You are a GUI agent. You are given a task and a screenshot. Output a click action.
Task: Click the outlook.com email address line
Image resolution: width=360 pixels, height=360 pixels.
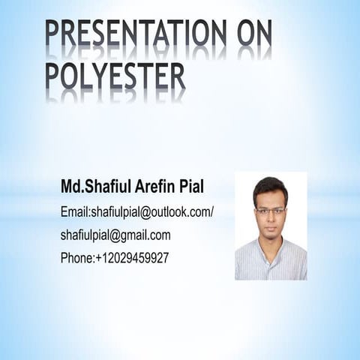click(x=137, y=212)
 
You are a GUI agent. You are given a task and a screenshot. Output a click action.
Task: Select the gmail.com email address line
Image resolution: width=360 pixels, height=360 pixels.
click(x=115, y=235)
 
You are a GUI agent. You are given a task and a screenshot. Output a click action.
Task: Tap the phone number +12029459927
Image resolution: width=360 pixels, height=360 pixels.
click(x=132, y=257)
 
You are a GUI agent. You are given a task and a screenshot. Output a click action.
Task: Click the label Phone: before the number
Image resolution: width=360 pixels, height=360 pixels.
click(x=77, y=257)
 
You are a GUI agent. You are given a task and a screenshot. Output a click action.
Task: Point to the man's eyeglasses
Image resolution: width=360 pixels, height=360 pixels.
click(x=270, y=211)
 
